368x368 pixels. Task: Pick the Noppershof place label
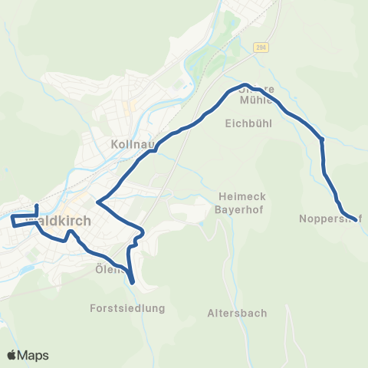pyautogui.click(x=330, y=219)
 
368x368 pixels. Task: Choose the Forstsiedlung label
pyautogui.click(x=127, y=308)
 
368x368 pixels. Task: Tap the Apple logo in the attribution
pyautogui.click(x=12, y=355)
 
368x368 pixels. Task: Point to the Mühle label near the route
pyautogui.click(x=256, y=100)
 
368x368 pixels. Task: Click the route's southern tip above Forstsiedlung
pyautogui.click(x=133, y=282)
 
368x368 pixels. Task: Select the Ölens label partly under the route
pyautogui.click(x=108, y=269)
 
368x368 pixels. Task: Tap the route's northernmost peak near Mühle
pyautogui.click(x=245, y=85)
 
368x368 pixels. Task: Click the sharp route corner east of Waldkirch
pyautogui.click(x=97, y=202)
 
